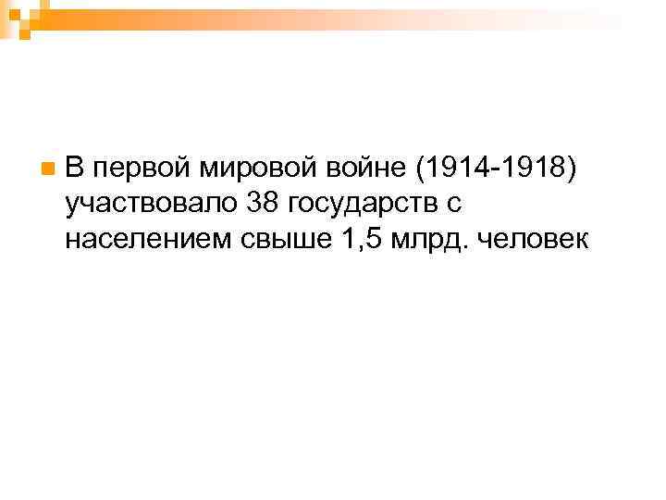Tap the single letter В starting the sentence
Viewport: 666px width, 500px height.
point(76,168)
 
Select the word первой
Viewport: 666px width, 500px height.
point(141,168)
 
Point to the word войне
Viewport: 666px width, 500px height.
point(367,168)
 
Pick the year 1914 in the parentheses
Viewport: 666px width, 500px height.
point(456,168)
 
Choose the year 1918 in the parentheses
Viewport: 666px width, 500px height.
point(533,168)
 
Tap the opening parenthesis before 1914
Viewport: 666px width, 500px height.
point(423,169)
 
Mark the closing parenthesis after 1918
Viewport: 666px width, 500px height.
point(568,169)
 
